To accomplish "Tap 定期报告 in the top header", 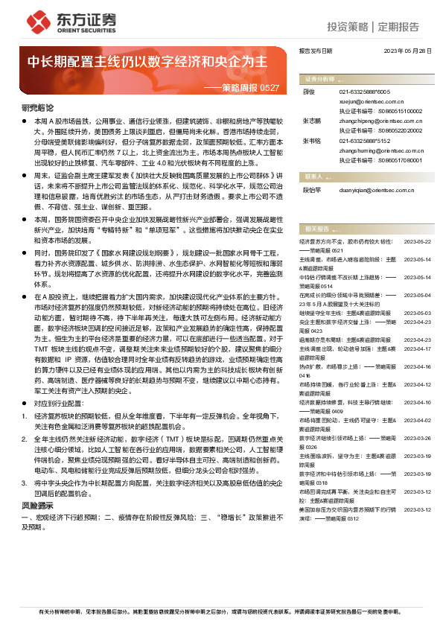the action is click(x=398, y=28).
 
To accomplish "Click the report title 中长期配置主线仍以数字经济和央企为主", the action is click(x=148, y=62).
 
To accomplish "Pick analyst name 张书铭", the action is click(x=312, y=140).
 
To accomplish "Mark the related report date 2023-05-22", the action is click(x=417, y=242).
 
